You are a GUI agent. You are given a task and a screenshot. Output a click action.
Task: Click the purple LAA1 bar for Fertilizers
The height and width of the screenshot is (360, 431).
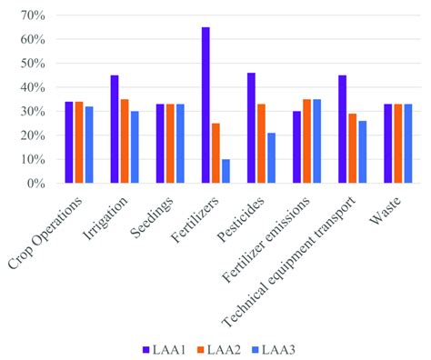tap(205, 105)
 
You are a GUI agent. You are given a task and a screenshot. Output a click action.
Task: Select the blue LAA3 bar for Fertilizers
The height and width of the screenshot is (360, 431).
tap(225, 171)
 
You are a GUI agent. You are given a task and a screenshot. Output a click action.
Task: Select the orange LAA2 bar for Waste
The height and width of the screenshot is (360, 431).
tap(396, 144)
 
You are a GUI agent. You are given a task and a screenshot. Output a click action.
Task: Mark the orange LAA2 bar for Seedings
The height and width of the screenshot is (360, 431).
tap(170, 144)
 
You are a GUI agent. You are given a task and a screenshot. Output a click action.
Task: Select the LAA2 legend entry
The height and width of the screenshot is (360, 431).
tap(222, 347)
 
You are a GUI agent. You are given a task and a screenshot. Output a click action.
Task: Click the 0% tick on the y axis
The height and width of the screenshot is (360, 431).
tap(35, 183)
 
